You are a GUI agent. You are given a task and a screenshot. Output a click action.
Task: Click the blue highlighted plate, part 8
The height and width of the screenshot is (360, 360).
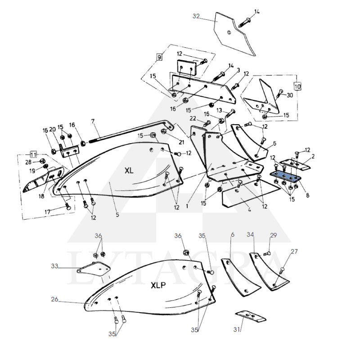[x=285, y=176]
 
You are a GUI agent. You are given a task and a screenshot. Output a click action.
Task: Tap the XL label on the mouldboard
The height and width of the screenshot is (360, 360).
[x=129, y=171]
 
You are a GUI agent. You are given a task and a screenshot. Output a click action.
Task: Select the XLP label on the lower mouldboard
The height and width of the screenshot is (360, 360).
[x=158, y=285]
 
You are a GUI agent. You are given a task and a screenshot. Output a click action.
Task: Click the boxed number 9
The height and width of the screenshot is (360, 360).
[x=159, y=57]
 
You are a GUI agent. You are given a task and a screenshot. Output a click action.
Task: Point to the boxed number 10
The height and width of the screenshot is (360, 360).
[x=297, y=86]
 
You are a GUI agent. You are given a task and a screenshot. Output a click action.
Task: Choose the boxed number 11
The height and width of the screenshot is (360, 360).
[x=33, y=154]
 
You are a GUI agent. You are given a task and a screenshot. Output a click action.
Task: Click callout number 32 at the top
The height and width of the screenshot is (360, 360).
[x=196, y=16]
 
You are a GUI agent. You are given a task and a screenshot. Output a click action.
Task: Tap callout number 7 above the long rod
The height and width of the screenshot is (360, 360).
[x=93, y=121]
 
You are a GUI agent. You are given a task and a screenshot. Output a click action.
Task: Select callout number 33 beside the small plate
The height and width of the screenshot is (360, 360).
[x=54, y=266]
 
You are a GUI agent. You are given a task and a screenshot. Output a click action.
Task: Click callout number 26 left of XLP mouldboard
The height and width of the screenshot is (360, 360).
[x=54, y=299]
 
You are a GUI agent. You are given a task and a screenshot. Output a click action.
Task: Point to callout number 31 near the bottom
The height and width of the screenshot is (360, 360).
[x=237, y=329]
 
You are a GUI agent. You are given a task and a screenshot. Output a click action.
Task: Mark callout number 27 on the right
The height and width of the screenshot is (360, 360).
[x=294, y=252]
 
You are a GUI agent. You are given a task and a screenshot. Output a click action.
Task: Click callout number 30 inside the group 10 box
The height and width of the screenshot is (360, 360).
[x=290, y=95]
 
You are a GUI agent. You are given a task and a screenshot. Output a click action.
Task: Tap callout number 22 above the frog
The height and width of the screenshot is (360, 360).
[x=193, y=118]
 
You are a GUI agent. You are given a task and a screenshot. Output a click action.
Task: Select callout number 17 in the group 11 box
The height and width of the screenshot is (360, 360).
[x=47, y=211]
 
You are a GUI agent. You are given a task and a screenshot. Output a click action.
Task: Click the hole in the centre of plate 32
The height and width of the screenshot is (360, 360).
[x=229, y=32]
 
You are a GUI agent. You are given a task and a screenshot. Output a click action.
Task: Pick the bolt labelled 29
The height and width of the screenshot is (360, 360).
[x=267, y=254]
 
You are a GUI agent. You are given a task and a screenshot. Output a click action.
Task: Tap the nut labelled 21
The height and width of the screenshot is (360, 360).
[x=164, y=131]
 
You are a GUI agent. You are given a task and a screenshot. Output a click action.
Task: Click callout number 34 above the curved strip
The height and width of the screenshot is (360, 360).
[x=250, y=234]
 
